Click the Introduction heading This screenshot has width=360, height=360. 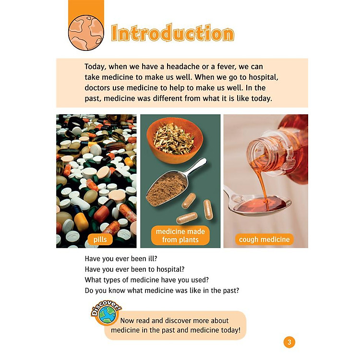[173, 33]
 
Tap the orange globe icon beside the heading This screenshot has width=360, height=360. [86, 33]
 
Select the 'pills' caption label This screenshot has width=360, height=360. [100, 240]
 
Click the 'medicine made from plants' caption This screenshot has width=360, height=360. [180, 236]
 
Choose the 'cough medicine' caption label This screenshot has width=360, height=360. [264, 240]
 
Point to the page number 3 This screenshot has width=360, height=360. [289, 342]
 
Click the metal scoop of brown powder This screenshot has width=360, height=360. [176, 182]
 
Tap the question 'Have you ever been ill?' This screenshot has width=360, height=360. [121, 259]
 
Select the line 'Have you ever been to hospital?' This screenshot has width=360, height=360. [134, 269]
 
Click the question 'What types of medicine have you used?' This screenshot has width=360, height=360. [147, 280]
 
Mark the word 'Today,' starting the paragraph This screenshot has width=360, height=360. [96, 67]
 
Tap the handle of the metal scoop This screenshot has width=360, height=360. [197, 167]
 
